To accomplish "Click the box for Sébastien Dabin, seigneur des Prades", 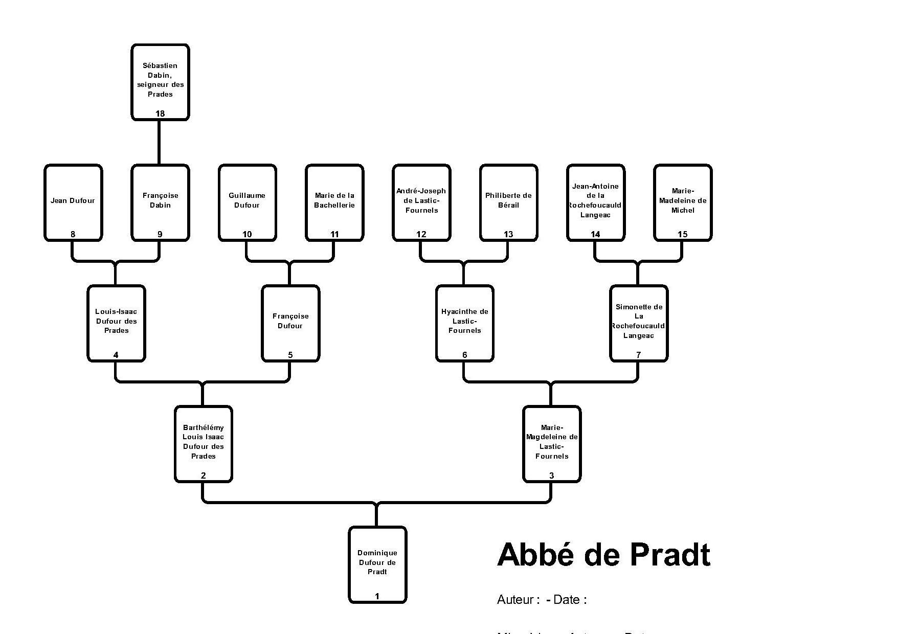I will tap(160, 82).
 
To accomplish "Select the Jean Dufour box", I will tap(73, 202).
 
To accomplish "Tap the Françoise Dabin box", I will tap(160, 202).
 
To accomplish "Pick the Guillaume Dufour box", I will tap(247, 202).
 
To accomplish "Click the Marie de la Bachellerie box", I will tap(334, 202).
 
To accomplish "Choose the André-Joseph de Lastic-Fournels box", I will tap(421, 202).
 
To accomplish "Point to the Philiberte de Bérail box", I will tap(508, 202).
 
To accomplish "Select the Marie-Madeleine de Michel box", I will tap(683, 202).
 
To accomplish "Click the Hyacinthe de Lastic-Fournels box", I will tap(464, 323).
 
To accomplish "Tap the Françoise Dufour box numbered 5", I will tap(290, 323).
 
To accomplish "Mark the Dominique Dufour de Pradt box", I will tap(377, 564).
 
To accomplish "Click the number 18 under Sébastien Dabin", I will tap(160, 114).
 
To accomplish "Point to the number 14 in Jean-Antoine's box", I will tap(595, 234).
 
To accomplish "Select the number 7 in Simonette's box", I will tap(638, 355).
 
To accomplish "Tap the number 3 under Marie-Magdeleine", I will tap(551, 475).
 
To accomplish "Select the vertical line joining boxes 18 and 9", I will tap(159, 143).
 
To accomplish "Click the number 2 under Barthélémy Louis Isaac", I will tap(203, 475).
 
